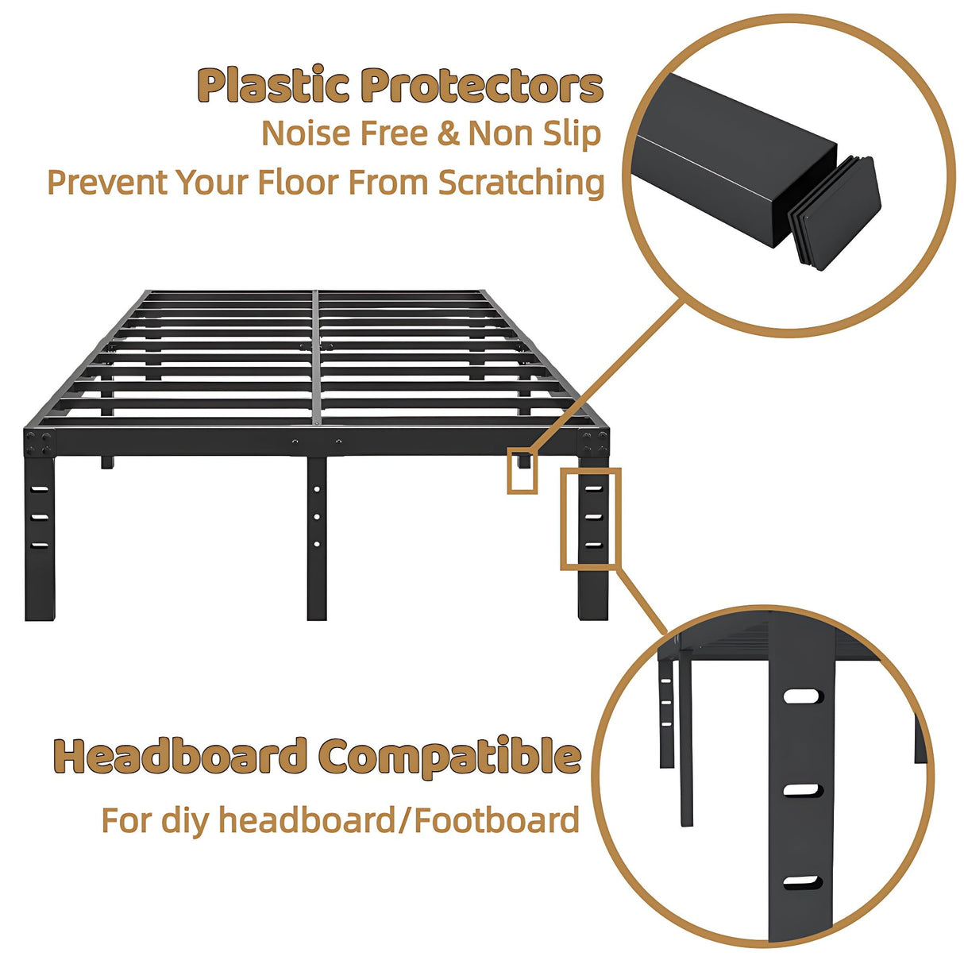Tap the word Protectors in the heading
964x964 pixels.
click(x=481, y=86)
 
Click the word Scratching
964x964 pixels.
click(x=521, y=183)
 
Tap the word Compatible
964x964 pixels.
click(x=449, y=758)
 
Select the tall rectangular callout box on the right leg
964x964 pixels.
click(x=590, y=518)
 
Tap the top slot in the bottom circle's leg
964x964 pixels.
click(x=801, y=696)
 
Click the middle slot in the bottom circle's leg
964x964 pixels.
click(x=801, y=790)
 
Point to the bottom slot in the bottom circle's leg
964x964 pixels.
click(x=801, y=882)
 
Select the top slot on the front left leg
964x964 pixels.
click(x=40, y=489)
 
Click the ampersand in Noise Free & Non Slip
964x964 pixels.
click(x=449, y=133)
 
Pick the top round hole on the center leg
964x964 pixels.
click(x=317, y=489)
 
